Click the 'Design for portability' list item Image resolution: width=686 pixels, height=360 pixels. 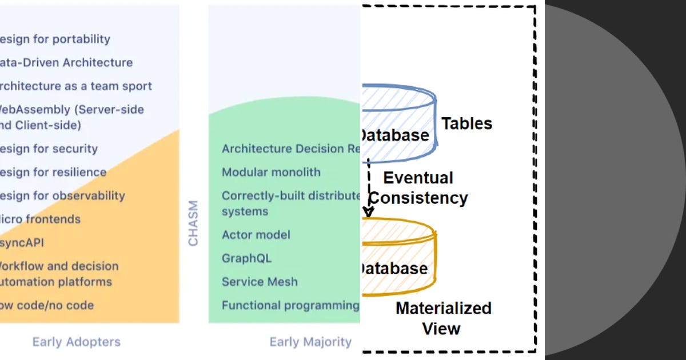point(54,39)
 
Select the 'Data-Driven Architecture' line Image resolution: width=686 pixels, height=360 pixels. point(65,63)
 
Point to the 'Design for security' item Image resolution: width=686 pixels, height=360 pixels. point(48,149)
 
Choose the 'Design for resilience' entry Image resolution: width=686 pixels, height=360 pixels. point(53,173)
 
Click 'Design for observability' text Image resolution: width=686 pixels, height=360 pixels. point(62,196)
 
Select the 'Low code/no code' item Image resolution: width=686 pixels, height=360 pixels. point(46,305)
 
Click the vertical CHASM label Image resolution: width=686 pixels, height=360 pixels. point(193,223)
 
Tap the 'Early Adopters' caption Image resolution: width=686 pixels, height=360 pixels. point(77,342)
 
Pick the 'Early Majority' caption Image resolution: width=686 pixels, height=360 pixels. point(310,342)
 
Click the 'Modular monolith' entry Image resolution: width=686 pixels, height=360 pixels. point(271,173)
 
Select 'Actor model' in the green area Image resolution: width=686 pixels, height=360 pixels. point(256,235)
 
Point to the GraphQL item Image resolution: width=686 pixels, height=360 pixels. point(246,258)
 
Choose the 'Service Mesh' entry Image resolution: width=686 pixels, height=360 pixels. point(260,282)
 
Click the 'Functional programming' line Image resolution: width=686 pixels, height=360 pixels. point(290,305)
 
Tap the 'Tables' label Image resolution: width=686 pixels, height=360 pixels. point(466,123)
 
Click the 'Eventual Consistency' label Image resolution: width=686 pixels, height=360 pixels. point(418,188)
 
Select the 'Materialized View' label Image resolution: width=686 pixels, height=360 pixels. point(443,318)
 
